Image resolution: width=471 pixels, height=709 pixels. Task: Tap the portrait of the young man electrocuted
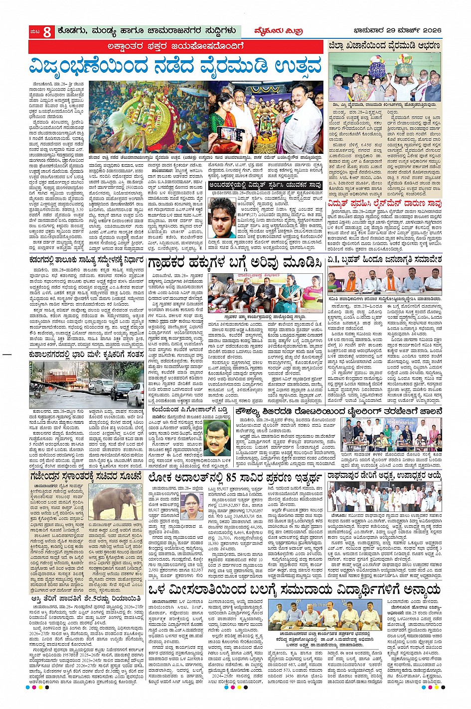[222, 218]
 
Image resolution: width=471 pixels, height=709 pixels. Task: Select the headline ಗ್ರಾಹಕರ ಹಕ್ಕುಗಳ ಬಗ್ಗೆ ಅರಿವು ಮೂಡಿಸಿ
[234, 262]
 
